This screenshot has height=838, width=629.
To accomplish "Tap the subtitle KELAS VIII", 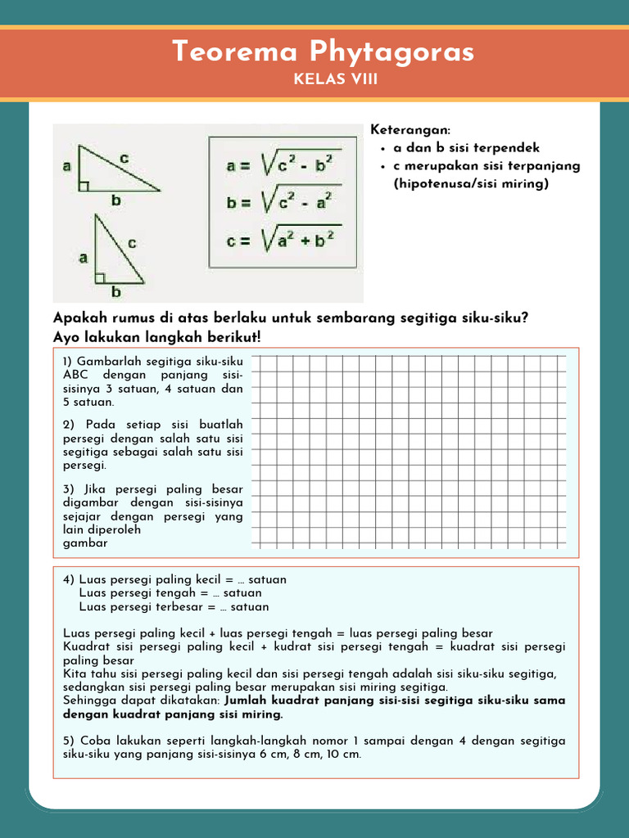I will click(335, 79).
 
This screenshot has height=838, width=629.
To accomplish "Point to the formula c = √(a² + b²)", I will click(283, 240).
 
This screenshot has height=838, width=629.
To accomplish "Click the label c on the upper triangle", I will click(124, 156).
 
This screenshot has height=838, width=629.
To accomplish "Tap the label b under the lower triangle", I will click(116, 291).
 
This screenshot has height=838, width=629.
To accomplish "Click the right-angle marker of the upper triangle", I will click(83, 186).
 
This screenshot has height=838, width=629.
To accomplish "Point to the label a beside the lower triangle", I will click(83, 258).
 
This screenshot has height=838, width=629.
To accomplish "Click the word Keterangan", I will click(410, 131).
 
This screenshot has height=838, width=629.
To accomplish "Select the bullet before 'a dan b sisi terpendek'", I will click(383, 149).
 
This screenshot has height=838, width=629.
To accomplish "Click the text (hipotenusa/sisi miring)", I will click(470, 183).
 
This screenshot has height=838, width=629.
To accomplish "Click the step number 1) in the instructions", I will click(68, 361).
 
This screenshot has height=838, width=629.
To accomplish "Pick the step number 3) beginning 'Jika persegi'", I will click(68, 489).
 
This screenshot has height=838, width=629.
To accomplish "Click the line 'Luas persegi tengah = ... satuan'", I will click(170, 593).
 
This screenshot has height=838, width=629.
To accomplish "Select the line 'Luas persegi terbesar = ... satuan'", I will click(174, 607).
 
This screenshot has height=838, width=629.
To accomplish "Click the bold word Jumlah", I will click(247, 701).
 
